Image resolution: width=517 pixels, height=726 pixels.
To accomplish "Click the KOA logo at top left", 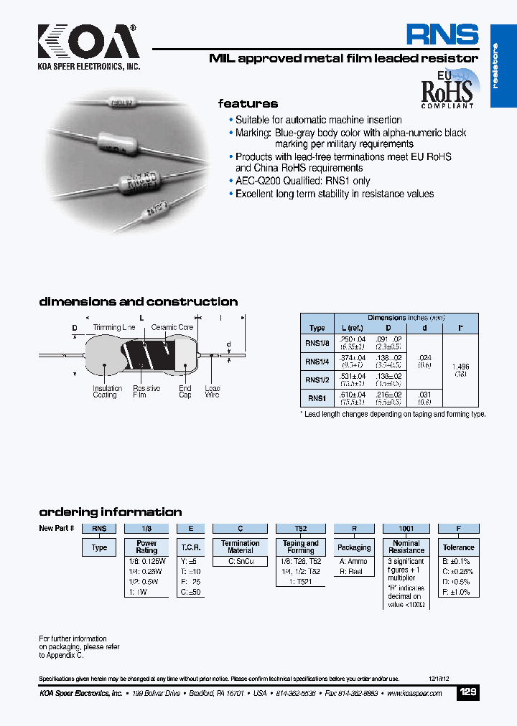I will coord(88,42).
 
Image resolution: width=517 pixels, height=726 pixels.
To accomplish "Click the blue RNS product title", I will coord(442,35).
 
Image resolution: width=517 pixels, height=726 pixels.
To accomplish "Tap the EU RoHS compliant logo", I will coord(446,90).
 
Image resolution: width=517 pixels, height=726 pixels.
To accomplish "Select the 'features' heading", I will coord(248,103).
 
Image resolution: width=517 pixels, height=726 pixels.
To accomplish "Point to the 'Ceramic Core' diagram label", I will coord(172,327).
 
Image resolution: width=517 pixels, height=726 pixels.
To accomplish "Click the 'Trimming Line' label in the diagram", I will coord(114,327).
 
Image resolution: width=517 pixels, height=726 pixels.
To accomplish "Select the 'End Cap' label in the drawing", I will coord(185,392).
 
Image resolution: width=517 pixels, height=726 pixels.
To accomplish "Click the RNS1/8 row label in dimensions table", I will coord(317,342).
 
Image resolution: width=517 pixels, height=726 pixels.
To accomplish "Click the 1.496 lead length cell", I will coord(460,370).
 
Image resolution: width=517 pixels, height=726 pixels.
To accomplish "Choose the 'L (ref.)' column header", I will coord(354,328).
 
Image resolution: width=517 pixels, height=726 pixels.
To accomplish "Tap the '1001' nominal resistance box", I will coord(406,528).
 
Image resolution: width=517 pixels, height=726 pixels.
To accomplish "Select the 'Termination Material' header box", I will coord(240,547).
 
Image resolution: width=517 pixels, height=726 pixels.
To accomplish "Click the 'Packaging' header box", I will coord(354,547).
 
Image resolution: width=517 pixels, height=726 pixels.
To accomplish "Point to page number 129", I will coord(467,692).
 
